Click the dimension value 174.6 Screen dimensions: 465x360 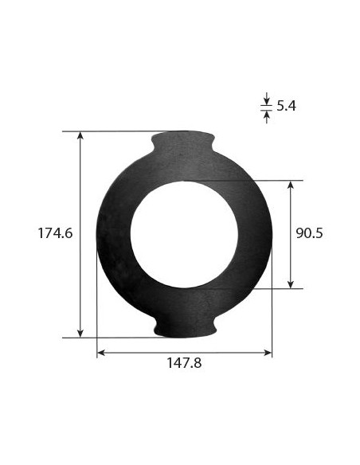55,233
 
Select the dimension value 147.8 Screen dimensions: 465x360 184,363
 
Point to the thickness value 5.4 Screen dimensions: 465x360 287,105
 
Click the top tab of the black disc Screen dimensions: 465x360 184,143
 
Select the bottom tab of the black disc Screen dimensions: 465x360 184,325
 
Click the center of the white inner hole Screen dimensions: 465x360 184,233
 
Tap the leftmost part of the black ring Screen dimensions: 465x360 100,233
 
